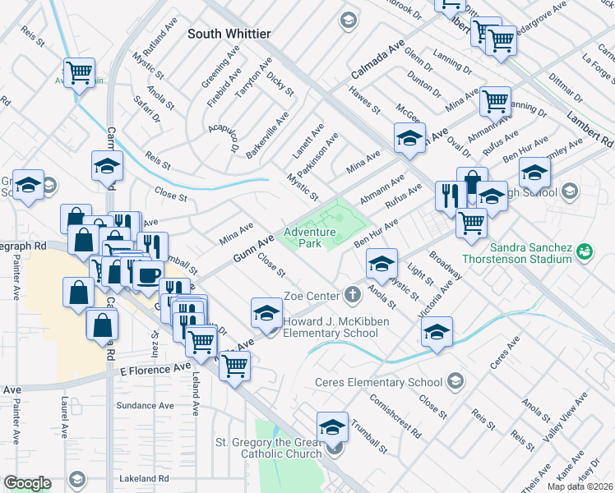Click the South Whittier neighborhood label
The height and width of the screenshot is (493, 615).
[229, 34]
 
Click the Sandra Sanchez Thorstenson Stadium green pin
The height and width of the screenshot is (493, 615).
[585, 251]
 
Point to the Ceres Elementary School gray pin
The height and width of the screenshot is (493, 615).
[455, 381]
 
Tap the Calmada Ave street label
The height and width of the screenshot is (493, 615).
[378, 61]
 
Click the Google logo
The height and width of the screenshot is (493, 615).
[27, 482]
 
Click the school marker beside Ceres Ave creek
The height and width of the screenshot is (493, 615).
[437, 334]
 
